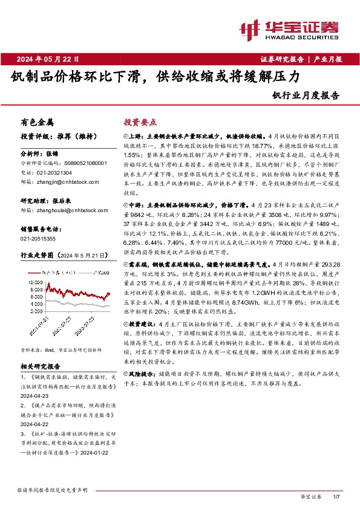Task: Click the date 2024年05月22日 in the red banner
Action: point(52,59)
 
